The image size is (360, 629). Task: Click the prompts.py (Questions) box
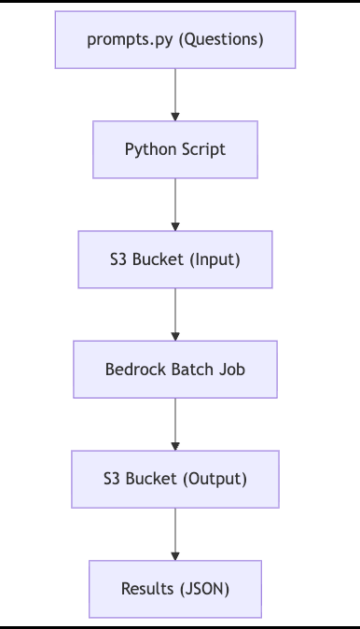pyautogui.click(x=175, y=40)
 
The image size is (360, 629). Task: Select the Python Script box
pyautogui.click(x=175, y=149)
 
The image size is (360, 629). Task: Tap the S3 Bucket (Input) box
pyautogui.click(x=175, y=259)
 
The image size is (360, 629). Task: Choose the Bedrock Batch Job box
pyautogui.click(x=175, y=369)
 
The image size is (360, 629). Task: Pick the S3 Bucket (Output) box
pyautogui.click(x=175, y=479)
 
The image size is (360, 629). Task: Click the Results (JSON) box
pyautogui.click(x=175, y=589)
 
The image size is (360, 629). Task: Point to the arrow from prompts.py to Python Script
pyautogui.click(x=175, y=94)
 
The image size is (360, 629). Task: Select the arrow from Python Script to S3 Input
pyautogui.click(x=175, y=204)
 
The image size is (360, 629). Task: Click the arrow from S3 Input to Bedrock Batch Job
pyautogui.click(x=175, y=314)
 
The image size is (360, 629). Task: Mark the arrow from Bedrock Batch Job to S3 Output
pyautogui.click(x=175, y=425)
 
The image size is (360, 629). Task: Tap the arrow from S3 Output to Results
pyautogui.click(x=175, y=535)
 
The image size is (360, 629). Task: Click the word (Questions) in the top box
pyautogui.click(x=221, y=40)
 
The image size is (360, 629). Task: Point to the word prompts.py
pyautogui.click(x=130, y=40)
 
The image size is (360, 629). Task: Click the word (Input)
pyautogui.click(x=215, y=259)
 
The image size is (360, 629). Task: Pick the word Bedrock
pyautogui.click(x=135, y=369)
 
